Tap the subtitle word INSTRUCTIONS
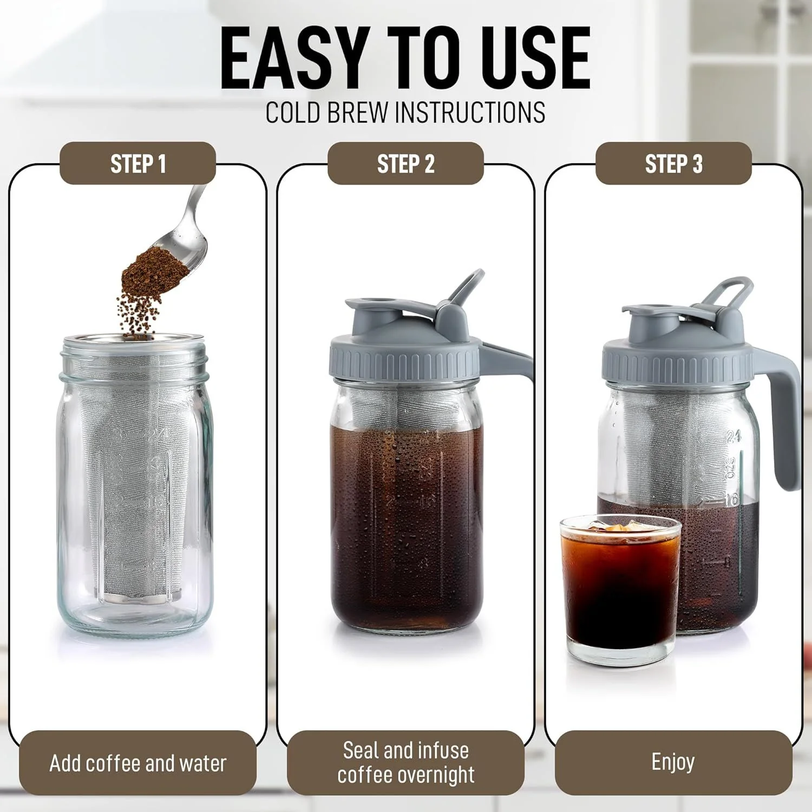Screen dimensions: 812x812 tap(470, 113)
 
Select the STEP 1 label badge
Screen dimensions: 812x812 tap(137, 163)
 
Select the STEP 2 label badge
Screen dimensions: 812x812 tap(405, 163)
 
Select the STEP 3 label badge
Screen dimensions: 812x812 tap(673, 163)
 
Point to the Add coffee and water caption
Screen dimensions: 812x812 tap(137, 763)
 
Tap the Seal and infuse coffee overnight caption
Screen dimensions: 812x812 tap(405, 762)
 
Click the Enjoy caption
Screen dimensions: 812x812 tap(673, 762)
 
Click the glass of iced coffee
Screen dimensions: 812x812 tap(620, 590)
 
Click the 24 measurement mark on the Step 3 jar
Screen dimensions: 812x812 tap(734, 436)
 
